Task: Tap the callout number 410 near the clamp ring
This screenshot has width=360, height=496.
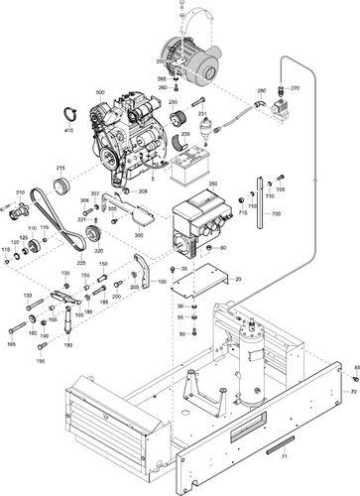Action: click(x=69, y=130)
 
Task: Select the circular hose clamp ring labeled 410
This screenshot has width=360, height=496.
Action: click(x=70, y=113)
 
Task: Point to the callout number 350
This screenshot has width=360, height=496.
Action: click(x=210, y=185)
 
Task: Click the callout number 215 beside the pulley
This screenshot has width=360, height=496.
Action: click(x=60, y=169)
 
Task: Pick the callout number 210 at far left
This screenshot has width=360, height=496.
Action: click(x=19, y=192)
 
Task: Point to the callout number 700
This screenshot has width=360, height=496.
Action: click(x=276, y=213)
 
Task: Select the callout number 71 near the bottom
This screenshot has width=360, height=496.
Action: click(x=282, y=458)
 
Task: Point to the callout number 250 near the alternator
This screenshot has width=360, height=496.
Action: click(x=162, y=62)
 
